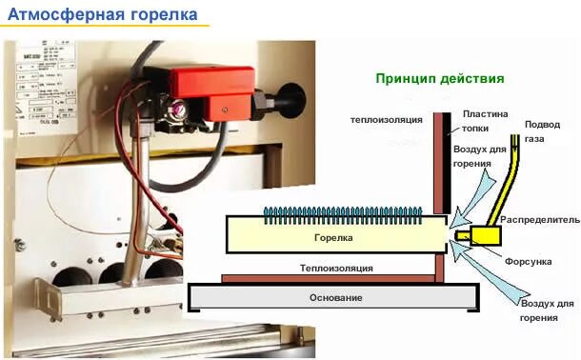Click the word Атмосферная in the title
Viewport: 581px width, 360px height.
coord(65,14)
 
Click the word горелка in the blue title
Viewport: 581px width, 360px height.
coord(164,14)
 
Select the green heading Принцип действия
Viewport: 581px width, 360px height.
coord(439,79)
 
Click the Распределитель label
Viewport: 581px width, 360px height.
coord(539,219)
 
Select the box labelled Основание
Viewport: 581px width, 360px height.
coord(335,298)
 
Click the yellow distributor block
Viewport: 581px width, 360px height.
coord(491,233)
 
